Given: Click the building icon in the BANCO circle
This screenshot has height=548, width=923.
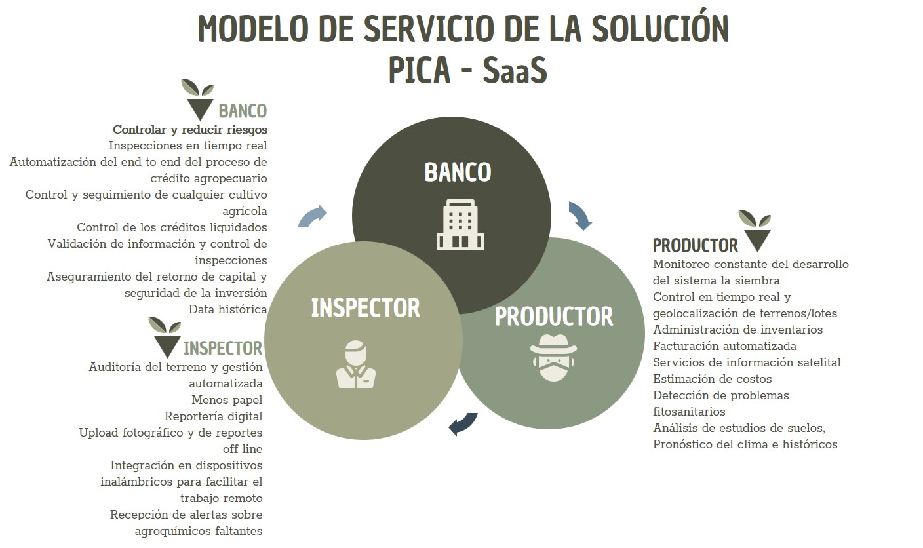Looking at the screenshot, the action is [x=460, y=225].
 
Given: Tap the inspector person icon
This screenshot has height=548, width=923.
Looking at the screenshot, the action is [x=356, y=364].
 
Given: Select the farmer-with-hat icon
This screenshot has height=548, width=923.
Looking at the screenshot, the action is [x=553, y=358].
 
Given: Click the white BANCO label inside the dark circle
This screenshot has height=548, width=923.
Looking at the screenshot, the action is [x=458, y=172].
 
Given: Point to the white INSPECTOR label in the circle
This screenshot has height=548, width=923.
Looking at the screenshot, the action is [x=366, y=308].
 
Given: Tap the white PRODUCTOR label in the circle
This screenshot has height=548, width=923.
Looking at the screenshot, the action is [x=554, y=316].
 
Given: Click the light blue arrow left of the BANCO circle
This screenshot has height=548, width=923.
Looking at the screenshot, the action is [x=312, y=216].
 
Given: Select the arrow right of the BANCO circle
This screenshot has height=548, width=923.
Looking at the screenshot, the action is [x=580, y=216].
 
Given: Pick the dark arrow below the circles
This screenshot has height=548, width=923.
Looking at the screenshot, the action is [x=463, y=424].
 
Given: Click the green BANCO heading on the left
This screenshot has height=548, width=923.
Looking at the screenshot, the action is [x=243, y=111].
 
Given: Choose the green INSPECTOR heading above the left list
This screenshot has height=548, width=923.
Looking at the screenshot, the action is [x=223, y=348].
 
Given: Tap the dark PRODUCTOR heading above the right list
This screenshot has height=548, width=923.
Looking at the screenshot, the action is [x=695, y=245].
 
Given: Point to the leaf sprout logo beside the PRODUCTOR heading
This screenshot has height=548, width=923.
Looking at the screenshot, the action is [x=755, y=231].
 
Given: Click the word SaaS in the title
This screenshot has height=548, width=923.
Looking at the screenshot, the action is [x=515, y=69].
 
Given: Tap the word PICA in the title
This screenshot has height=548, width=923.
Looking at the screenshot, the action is [x=420, y=69].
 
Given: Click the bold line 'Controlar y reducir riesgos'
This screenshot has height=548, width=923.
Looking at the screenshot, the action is [x=190, y=130].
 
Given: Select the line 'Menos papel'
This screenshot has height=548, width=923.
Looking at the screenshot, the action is [x=227, y=400].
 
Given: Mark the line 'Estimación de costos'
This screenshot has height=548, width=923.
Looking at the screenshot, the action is [x=712, y=379].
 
